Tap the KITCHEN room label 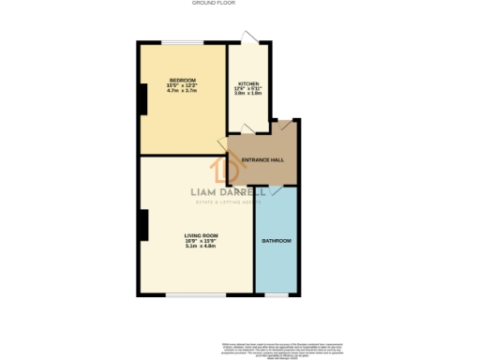coord(247,83)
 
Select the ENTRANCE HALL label coord(262,160)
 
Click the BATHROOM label coord(276,241)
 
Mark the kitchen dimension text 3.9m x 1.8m coord(247,95)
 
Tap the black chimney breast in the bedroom coord(142,98)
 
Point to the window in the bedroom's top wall coord(183,42)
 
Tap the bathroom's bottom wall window coord(276,295)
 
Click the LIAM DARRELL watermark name coord(228,192)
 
